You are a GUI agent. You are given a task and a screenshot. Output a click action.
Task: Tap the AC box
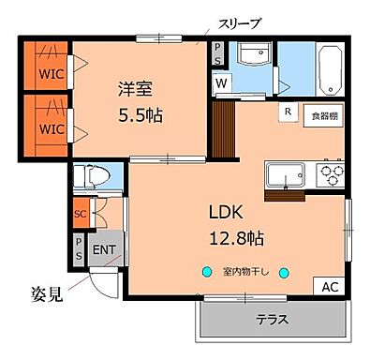pos(331,287)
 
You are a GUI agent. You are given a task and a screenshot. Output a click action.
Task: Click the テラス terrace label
pos(272,320)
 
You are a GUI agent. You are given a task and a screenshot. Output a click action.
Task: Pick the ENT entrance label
pos(103,249)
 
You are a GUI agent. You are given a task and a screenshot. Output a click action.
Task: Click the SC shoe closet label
pos(80,214)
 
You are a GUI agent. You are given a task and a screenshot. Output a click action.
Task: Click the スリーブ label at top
pos(240,22)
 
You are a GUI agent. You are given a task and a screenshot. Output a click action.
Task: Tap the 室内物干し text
pos(245,273)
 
